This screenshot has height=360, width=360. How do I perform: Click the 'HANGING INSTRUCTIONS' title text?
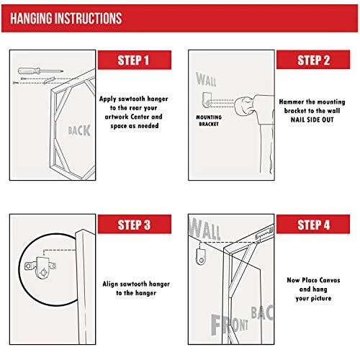(66, 18)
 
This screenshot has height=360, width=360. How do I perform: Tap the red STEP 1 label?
(135, 60)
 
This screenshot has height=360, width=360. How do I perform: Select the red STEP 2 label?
(313, 60)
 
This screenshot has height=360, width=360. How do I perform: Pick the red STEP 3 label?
(135, 224)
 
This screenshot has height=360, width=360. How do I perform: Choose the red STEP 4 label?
(313, 224)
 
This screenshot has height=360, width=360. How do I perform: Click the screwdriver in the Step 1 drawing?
(40, 71)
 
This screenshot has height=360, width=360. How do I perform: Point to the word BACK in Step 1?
(79, 131)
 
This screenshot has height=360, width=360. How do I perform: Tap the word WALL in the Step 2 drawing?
(206, 79)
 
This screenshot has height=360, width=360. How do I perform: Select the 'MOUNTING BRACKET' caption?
(209, 121)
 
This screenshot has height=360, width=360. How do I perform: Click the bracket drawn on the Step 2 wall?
(207, 99)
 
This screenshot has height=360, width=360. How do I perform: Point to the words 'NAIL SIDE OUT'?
(312, 120)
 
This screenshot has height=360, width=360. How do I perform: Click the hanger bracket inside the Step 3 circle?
(41, 267)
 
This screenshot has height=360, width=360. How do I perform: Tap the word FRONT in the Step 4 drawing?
(230, 325)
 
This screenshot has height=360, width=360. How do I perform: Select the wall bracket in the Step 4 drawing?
(201, 256)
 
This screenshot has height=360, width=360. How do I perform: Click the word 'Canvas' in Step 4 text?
(330, 280)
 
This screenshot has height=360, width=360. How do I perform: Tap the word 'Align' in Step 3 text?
(109, 284)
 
